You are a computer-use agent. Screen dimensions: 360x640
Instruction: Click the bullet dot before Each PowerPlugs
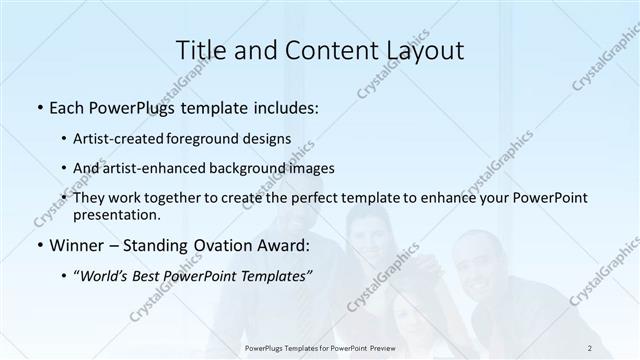38,107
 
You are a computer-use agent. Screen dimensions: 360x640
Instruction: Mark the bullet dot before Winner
38,245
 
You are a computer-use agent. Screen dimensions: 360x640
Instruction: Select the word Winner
75,245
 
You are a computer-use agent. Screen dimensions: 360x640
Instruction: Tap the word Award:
283,245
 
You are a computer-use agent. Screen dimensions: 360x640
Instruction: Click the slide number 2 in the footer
590,347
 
